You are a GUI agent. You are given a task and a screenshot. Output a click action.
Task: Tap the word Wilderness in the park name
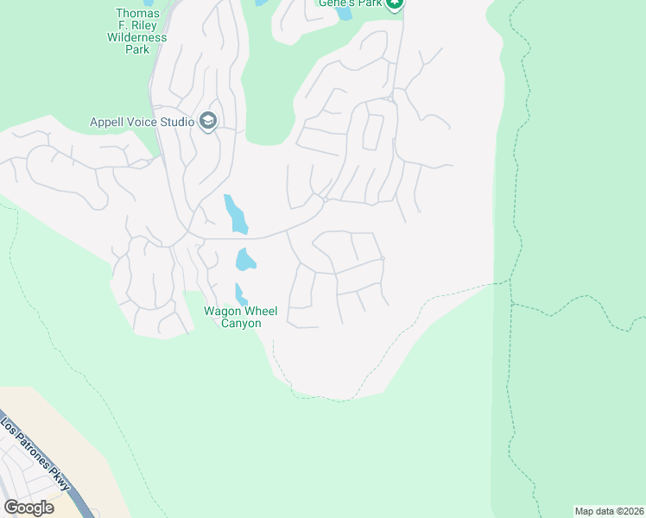[136, 37]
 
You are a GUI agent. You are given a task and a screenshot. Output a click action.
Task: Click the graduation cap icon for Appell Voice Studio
[207, 121]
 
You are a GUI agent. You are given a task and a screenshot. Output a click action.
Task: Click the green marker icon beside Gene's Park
[395, 3]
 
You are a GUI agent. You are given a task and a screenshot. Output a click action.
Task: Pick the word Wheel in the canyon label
[261, 312]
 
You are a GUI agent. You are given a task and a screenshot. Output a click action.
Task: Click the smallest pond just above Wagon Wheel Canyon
[241, 294]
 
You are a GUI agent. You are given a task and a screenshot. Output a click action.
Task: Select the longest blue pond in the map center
[235, 214]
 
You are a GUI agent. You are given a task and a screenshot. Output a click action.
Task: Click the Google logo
[28, 508]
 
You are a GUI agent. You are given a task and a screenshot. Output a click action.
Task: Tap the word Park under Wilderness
[136, 49]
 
